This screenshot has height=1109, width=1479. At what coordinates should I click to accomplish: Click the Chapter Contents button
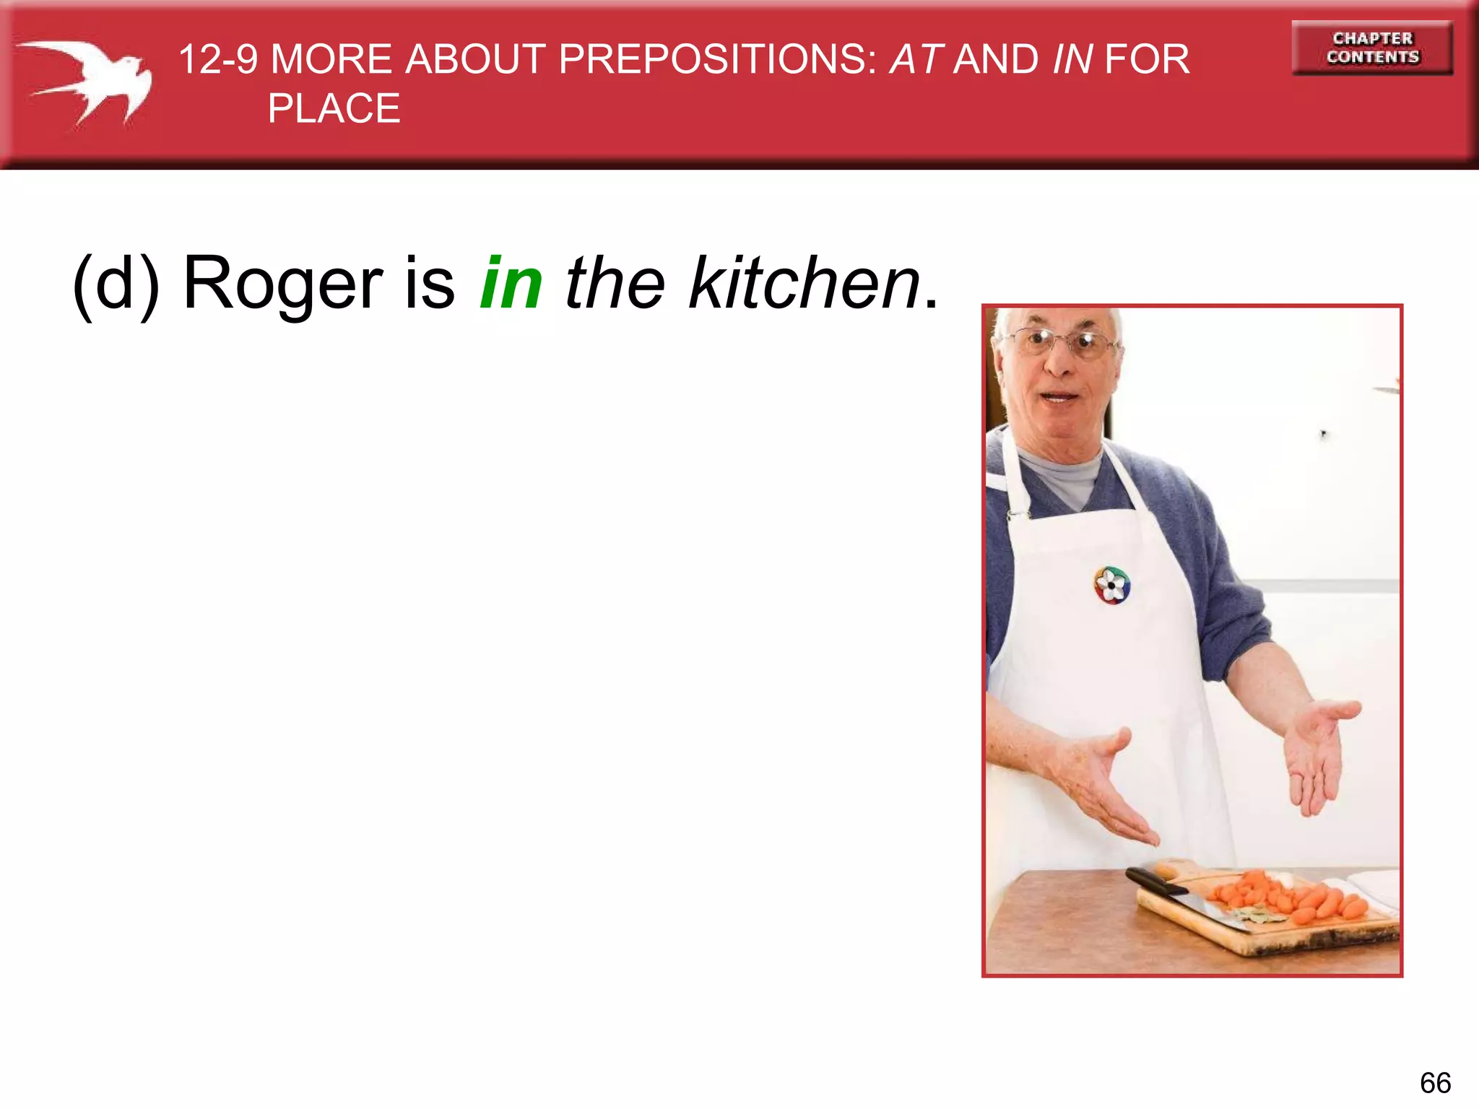point(1371,48)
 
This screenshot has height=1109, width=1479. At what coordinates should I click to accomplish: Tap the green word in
point(511,283)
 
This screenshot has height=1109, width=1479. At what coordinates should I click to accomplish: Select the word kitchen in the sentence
point(804,283)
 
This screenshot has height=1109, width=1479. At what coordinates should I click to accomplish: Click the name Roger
point(282,284)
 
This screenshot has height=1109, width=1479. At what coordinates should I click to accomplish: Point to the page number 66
point(1435,1083)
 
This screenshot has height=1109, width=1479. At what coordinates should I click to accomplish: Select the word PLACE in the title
point(334,109)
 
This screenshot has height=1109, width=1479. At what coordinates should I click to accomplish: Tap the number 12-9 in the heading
point(218,59)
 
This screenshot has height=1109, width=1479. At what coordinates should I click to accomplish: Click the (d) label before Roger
point(116,284)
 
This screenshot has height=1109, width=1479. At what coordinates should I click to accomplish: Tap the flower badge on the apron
point(1111,585)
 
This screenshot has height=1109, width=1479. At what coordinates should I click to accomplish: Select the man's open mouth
point(1059,396)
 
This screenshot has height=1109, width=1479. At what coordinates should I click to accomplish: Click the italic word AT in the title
point(916,59)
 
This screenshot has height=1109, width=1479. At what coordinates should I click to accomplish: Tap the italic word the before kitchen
point(615,283)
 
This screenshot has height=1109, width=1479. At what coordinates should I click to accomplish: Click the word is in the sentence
point(430,283)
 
